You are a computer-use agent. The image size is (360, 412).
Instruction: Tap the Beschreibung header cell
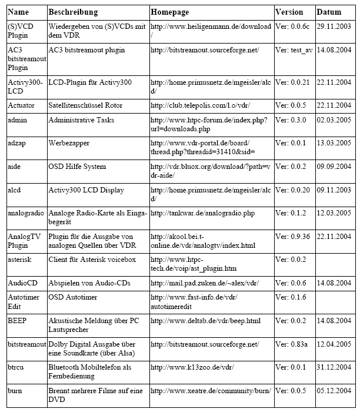(73, 12)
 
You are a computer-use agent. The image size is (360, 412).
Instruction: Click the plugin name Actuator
(21, 105)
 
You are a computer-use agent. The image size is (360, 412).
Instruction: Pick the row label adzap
(17, 144)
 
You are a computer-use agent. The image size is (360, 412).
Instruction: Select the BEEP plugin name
(17, 321)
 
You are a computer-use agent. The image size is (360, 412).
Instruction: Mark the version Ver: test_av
(294, 51)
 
